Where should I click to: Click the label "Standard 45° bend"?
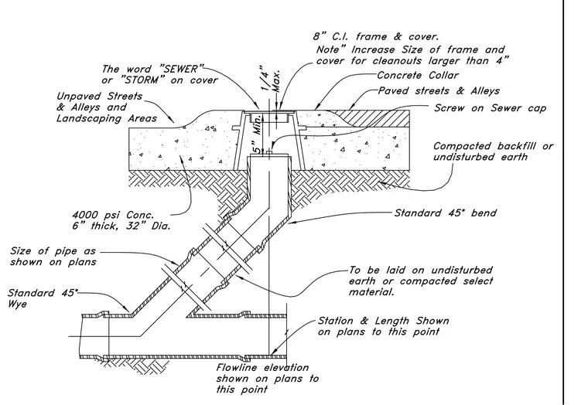pos(445,213)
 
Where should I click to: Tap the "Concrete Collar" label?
pos(417,75)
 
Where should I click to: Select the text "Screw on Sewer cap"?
pos(490,108)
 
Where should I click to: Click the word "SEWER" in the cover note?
pos(182,69)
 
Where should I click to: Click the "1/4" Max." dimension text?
pos(270,79)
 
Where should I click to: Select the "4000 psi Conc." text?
pos(113,215)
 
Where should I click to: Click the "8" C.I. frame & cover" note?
pos(376,37)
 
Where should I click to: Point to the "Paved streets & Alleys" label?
pos(439,91)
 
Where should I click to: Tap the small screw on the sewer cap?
pos(269,152)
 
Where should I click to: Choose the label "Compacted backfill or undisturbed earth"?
pos(493,151)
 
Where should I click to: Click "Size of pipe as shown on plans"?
pos(53,257)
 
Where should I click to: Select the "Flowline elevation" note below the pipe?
pos(262,368)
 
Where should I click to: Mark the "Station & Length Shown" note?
pos(383,321)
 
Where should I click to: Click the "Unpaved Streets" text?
pos(99,97)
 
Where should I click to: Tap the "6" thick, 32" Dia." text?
pos(121,226)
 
